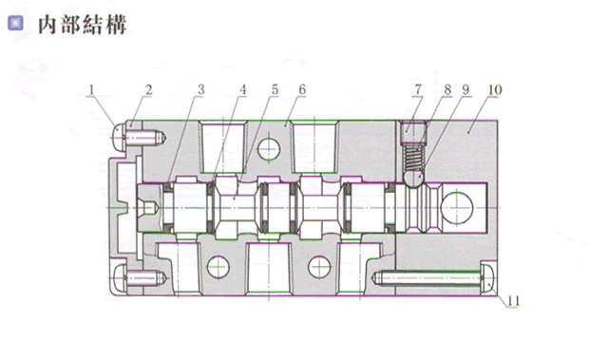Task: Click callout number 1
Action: point(91,90)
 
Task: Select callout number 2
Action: point(149,90)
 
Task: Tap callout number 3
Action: point(201,90)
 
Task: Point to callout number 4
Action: point(243,90)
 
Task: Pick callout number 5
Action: point(276,90)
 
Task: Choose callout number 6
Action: point(302,90)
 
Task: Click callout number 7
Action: point(418,90)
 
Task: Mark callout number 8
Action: point(447,90)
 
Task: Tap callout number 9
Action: point(466,90)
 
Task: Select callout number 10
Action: point(495,90)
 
